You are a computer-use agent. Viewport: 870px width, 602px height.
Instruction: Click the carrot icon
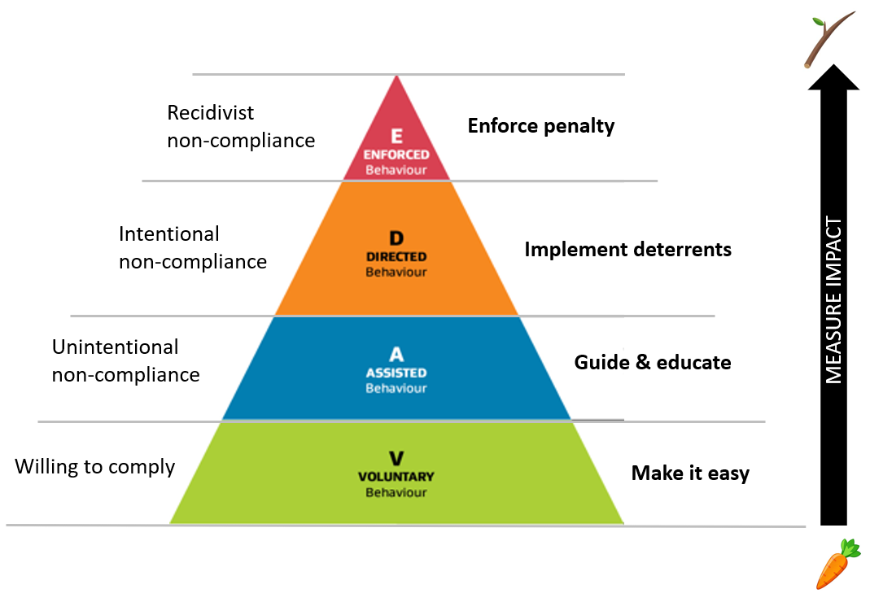[x=837, y=563]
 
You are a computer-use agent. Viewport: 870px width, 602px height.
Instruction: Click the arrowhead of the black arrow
[x=833, y=76]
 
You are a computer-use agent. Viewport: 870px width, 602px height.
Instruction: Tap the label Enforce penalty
[x=541, y=126]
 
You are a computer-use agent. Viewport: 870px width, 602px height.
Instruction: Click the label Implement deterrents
[x=627, y=249]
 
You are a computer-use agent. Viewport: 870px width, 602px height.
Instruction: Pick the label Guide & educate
[x=653, y=362]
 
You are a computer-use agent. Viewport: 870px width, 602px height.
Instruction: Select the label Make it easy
[x=690, y=473]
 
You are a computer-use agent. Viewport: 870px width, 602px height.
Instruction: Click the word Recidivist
[x=211, y=112]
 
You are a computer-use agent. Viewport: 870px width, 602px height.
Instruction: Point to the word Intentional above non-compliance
[x=169, y=234]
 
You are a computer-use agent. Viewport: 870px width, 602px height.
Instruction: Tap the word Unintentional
[x=115, y=347]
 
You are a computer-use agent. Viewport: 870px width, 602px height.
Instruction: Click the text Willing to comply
[x=95, y=467]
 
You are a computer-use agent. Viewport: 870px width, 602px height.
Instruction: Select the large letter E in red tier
[x=396, y=136]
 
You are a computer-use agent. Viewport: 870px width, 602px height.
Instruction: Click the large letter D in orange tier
[x=396, y=238]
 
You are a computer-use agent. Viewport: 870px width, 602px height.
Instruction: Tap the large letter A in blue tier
[x=396, y=355]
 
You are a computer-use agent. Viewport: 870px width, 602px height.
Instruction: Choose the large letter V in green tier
[x=396, y=458]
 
